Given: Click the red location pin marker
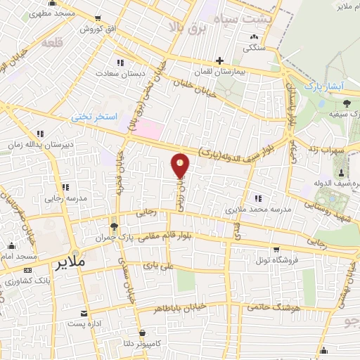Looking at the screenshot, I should (x=181, y=166).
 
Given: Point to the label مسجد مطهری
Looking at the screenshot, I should (x=56, y=13).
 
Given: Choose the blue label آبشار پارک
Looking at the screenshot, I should (x=324, y=85).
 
